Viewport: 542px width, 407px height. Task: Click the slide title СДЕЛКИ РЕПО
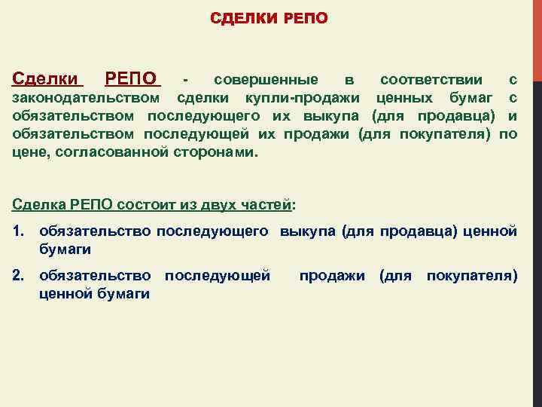pyautogui.click(x=269, y=17)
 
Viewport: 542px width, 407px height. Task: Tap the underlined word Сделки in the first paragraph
pyautogui.click(x=46, y=78)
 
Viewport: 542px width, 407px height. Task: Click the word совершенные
pyautogui.click(x=266, y=79)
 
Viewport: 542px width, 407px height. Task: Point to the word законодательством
pyautogui.click(x=87, y=97)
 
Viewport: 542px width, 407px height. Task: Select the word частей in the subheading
pyautogui.click(x=269, y=204)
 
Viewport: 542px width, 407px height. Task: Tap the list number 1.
pyautogui.click(x=18, y=231)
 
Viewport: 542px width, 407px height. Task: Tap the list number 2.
pyautogui.click(x=18, y=276)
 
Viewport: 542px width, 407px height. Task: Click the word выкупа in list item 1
pyautogui.click(x=308, y=231)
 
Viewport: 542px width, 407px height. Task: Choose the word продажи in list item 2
pyautogui.click(x=332, y=276)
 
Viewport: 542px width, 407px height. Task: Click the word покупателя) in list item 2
pyautogui.click(x=472, y=276)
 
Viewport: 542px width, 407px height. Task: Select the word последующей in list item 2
pyautogui.click(x=218, y=276)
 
